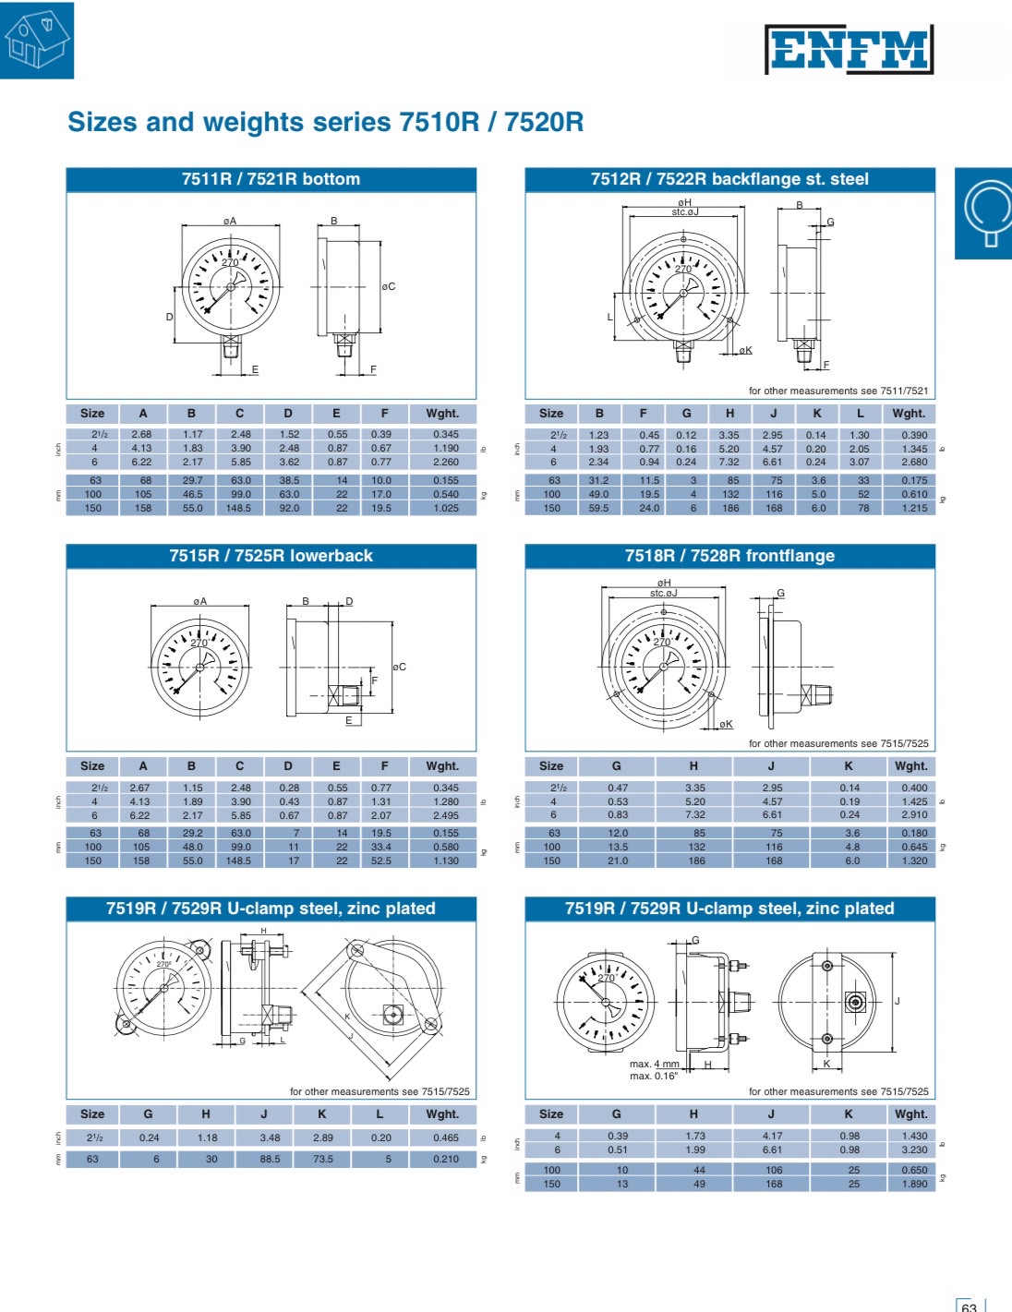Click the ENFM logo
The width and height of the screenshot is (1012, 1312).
[x=849, y=49]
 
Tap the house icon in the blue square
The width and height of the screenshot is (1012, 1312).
[x=37, y=40]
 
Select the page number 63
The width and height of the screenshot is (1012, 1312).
[x=969, y=1306]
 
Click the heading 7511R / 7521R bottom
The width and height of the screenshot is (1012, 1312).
[x=271, y=179]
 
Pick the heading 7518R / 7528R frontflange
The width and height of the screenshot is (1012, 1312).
[x=730, y=556]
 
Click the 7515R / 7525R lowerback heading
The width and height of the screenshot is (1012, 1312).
[x=271, y=556]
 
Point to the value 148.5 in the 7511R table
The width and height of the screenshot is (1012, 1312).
[x=238, y=508]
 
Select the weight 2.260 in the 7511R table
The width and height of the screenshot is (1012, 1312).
[x=446, y=462]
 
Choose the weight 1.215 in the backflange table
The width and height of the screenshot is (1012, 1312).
[x=914, y=508]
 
